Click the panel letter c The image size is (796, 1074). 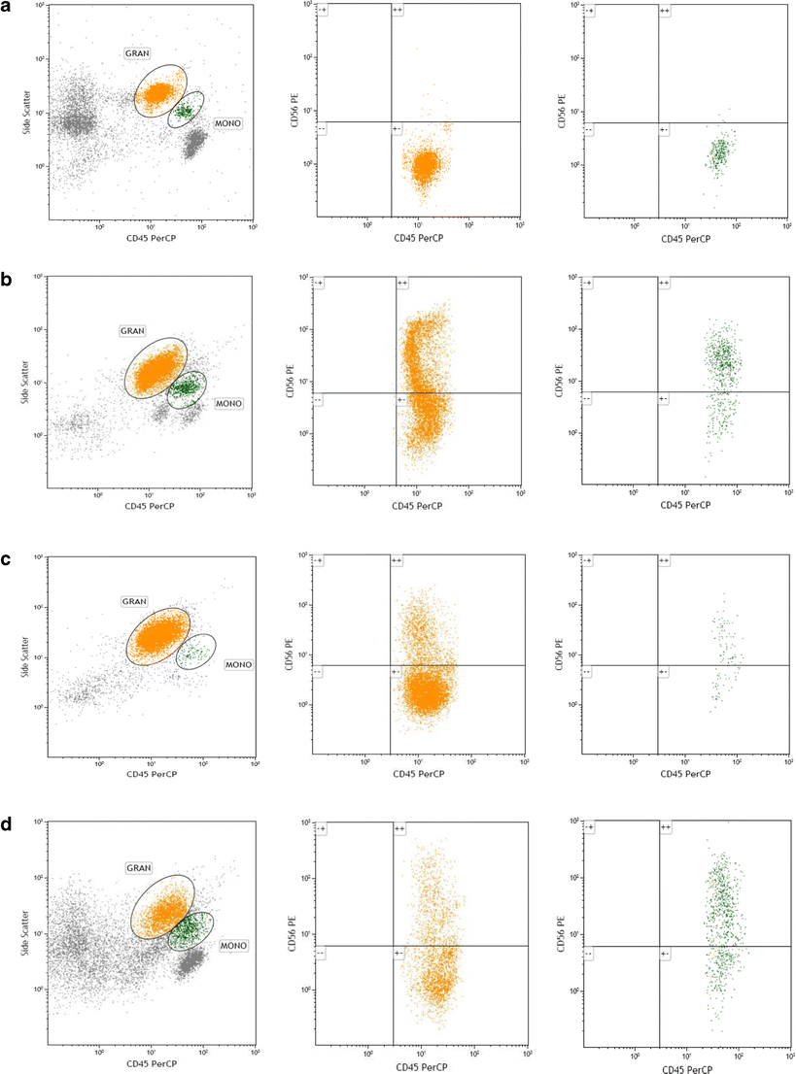point(9,557)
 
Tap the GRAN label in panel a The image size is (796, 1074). point(137,52)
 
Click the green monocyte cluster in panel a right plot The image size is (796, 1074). point(718,153)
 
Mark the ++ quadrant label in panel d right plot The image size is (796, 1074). point(665,827)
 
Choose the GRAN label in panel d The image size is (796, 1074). point(137,866)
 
